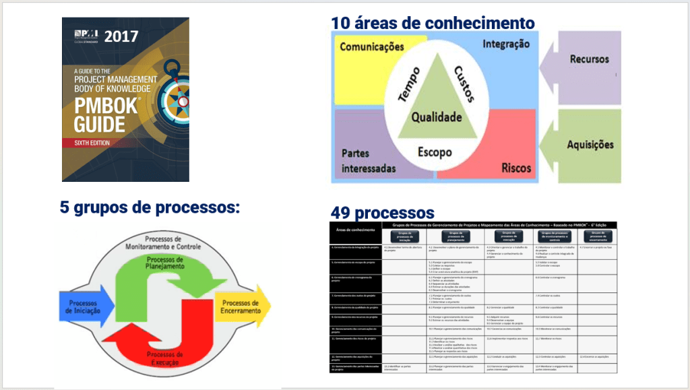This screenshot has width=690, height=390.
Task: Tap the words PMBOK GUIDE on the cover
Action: tap(96, 115)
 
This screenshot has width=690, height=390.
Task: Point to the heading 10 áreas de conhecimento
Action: tap(433, 23)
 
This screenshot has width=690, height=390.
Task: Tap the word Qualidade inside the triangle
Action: tap(437, 117)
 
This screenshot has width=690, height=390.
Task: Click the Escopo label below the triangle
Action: tap(434, 152)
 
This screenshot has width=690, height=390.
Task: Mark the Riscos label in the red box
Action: tap(516, 168)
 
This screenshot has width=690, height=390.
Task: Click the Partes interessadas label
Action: tap(368, 160)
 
